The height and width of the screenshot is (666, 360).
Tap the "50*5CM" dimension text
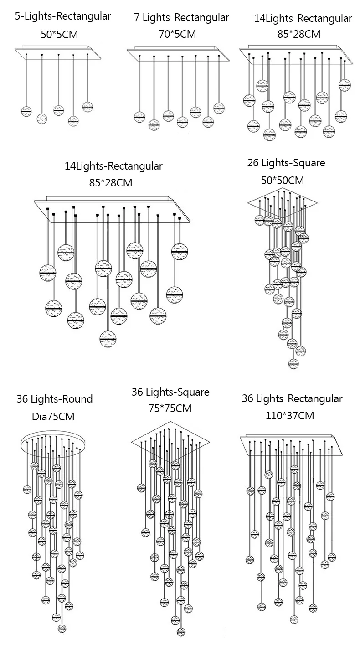point(60,34)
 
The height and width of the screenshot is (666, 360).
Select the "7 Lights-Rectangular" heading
point(181,18)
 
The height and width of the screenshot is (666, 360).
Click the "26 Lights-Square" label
point(286,163)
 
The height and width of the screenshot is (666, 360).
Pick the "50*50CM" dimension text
point(283,180)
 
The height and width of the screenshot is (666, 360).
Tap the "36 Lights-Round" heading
point(55,399)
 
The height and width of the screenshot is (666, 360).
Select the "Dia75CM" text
point(53,416)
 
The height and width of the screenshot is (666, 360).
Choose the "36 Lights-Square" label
point(170,392)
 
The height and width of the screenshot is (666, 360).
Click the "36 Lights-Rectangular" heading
point(292,398)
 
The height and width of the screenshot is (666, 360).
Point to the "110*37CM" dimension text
point(290,415)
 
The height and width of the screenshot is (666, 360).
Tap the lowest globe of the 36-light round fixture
point(62,628)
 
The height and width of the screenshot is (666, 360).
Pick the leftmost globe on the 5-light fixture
point(27,111)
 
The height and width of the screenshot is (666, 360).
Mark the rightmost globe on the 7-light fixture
point(219,107)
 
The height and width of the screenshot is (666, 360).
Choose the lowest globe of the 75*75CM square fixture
point(182,631)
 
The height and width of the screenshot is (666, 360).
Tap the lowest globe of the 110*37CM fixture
point(294,619)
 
